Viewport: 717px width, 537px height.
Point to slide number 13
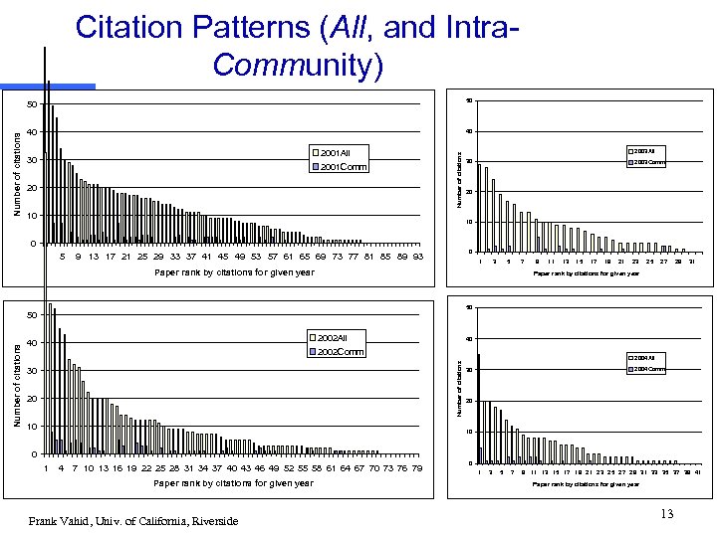(x=666, y=512)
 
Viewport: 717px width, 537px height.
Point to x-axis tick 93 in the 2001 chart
(x=418, y=257)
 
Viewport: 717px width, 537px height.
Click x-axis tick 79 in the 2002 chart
(x=416, y=467)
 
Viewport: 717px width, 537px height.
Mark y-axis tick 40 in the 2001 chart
(x=31, y=132)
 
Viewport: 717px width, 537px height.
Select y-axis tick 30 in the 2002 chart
(x=31, y=371)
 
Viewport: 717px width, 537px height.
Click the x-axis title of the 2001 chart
(x=233, y=271)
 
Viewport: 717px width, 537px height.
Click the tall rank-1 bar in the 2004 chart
(x=479, y=408)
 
